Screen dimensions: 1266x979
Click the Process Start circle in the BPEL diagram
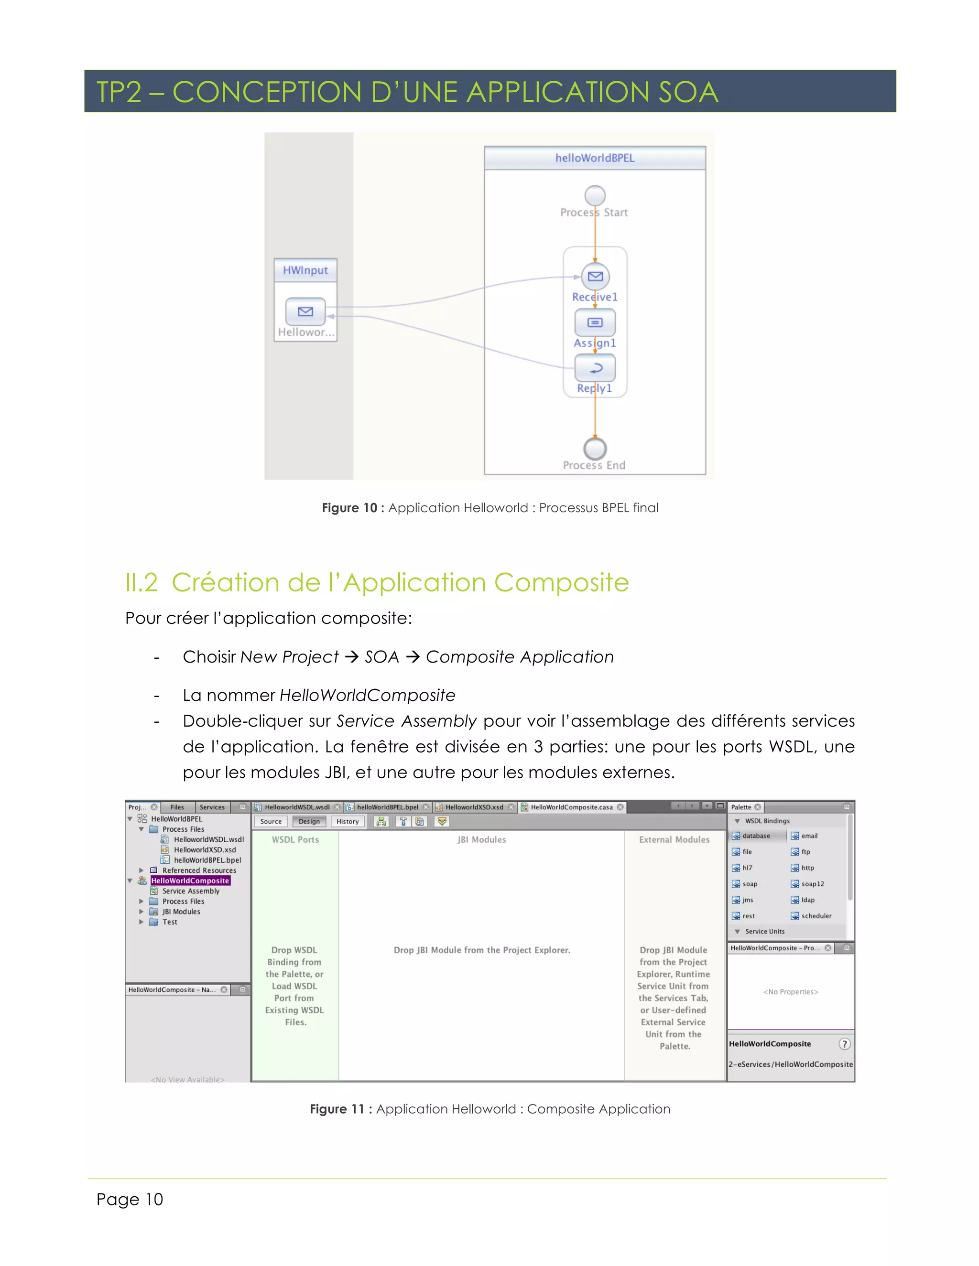pos(595,195)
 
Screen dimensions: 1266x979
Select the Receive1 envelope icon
pos(595,277)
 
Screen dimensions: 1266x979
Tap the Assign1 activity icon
pos(595,322)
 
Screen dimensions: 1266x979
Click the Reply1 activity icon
pos(595,367)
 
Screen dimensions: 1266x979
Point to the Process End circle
pos(595,448)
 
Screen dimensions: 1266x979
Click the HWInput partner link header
pos(305,270)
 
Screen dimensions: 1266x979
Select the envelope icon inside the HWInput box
pos(305,311)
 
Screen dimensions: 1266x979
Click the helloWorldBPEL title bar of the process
pos(595,158)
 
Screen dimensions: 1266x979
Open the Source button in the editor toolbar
pos(271,821)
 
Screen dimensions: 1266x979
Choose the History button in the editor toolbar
pos(348,821)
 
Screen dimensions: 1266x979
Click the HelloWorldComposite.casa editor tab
pos(571,807)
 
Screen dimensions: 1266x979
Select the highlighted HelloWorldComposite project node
pos(190,880)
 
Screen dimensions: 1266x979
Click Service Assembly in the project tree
pos(191,891)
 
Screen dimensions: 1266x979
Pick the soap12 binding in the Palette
pos(812,884)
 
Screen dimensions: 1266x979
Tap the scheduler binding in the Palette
pos(816,916)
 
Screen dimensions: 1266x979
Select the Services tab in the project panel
pos(212,807)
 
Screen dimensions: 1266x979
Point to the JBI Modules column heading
pos(481,839)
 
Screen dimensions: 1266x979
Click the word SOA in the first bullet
pos(381,657)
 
